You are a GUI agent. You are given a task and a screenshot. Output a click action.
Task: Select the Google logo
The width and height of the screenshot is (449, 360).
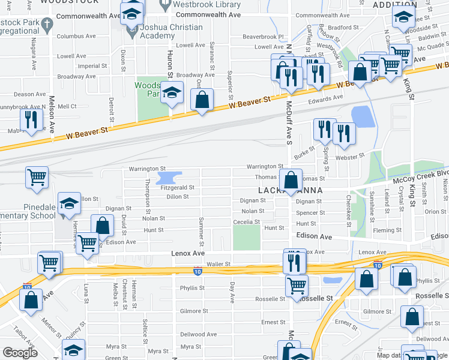[x=20, y=353]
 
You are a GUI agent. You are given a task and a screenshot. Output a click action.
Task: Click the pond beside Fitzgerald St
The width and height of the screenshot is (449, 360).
[x=169, y=178]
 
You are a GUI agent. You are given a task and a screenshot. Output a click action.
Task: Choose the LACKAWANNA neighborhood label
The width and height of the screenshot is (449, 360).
[x=291, y=191]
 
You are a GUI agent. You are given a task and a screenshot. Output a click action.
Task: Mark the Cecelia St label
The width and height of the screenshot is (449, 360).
[x=247, y=222]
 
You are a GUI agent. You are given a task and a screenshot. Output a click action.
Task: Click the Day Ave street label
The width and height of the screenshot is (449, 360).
[x=232, y=293]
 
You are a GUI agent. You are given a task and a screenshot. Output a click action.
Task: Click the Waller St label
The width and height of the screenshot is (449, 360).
[x=218, y=264]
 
